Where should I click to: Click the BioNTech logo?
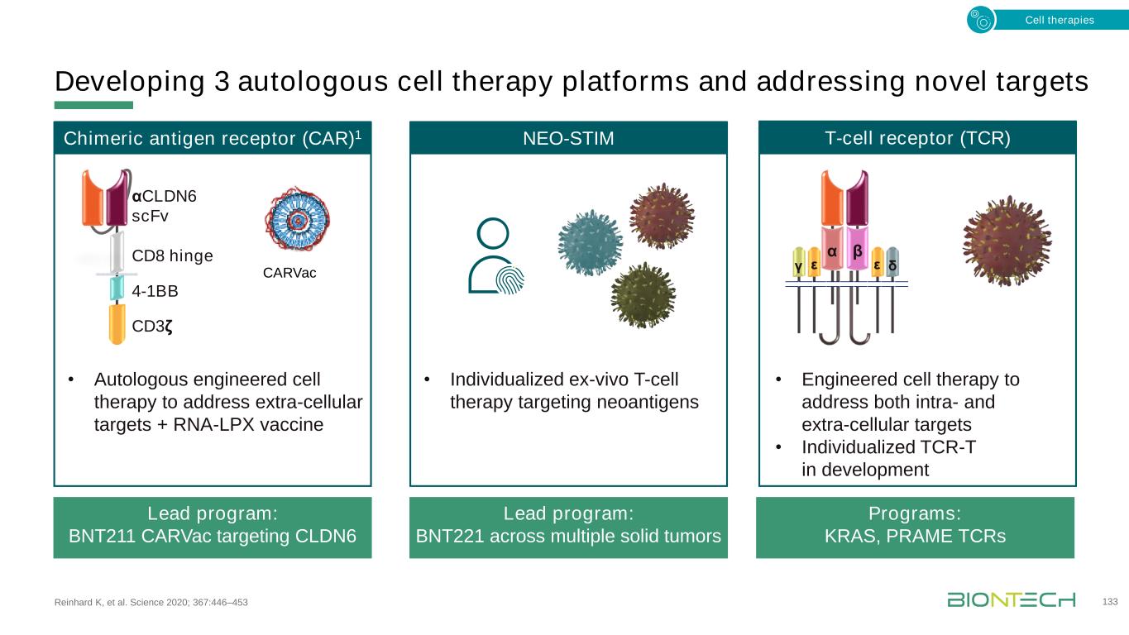(x=1011, y=599)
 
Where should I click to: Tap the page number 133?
(x=1110, y=601)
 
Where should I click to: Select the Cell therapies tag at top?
(x=1059, y=20)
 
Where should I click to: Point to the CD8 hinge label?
(x=172, y=255)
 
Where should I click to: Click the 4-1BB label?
(x=155, y=291)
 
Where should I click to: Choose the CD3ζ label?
(x=152, y=325)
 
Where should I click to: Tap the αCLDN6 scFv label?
(x=164, y=206)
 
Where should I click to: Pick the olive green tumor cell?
(x=643, y=294)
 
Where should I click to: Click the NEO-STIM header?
(x=568, y=138)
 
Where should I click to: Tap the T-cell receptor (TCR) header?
(x=916, y=137)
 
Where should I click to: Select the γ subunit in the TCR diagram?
(x=797, y=266)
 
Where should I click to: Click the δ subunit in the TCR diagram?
(x=892, y=266)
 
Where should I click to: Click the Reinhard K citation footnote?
(x=151, y=602)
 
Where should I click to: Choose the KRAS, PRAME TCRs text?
(x=915, y=537)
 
